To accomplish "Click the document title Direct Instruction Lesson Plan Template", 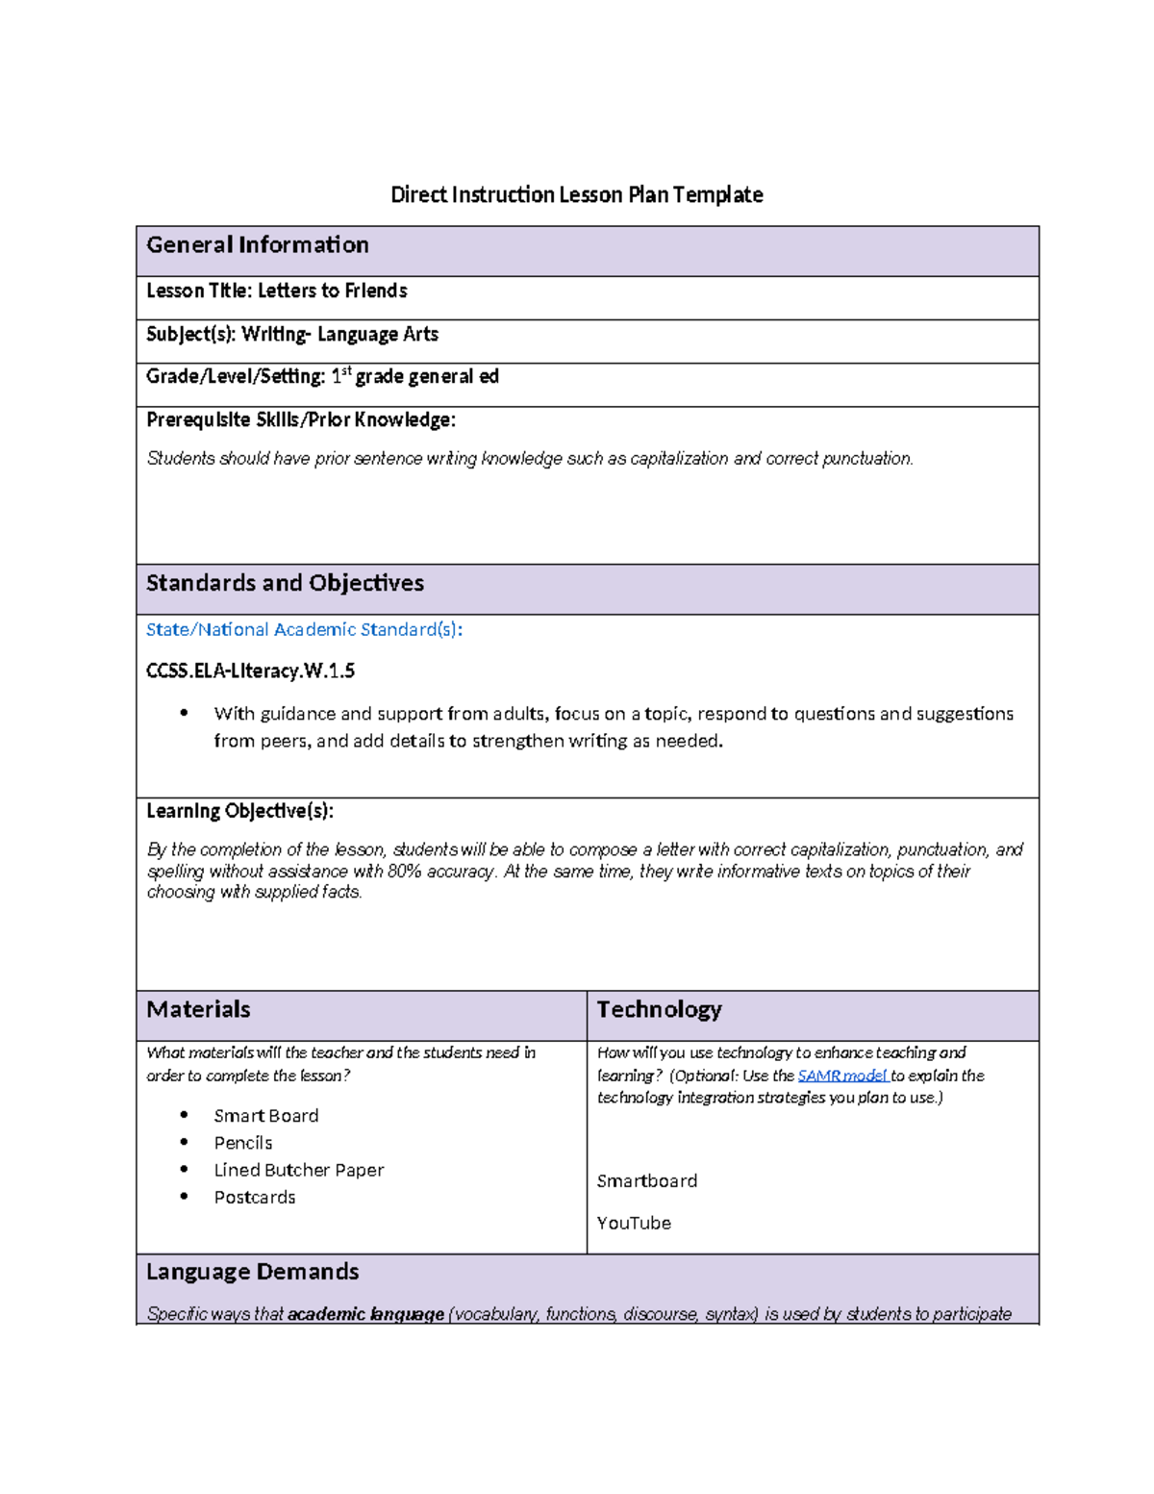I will click(x=576, y=195).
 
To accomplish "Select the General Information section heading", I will click(x=257, y=245).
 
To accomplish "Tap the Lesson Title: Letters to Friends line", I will click(x=276, y=291).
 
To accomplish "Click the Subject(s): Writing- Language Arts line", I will click(x=291, y=334).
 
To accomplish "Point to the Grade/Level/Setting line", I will click(x=322, y=376).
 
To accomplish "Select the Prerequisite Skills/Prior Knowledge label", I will click(x=300, y=419).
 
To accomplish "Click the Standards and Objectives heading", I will click(x=285, y=583).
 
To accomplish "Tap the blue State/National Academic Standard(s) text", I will click(x=304, y=629).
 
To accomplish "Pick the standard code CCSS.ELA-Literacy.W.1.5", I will click(x=250, y=671).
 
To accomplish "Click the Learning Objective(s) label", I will click(x=239, y=811).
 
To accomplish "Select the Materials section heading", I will click(x=198, y=1009).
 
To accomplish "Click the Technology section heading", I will click(x=659, y=1009).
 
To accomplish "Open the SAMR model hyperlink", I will click(x=842, y=1076).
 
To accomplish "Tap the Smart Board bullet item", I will click(x=265, y=1116).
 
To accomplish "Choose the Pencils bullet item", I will click(x=243, y=1143).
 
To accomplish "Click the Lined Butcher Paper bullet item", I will click(x=298, y=1170).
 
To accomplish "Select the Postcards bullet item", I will click(x=255, y=1198).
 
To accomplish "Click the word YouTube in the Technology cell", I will click(x=634, y=1223).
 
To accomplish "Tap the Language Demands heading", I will click(x=252, y=1272).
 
